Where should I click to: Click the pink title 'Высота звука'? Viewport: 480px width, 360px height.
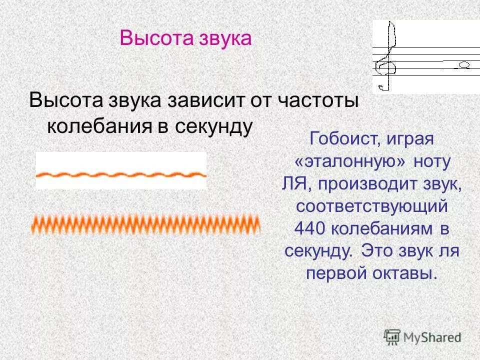(185, 38)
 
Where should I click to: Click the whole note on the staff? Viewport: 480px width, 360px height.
(463, 65)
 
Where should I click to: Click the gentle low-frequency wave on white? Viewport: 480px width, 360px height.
(121, 174)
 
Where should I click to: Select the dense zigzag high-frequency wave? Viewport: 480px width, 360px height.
(145, 223)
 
